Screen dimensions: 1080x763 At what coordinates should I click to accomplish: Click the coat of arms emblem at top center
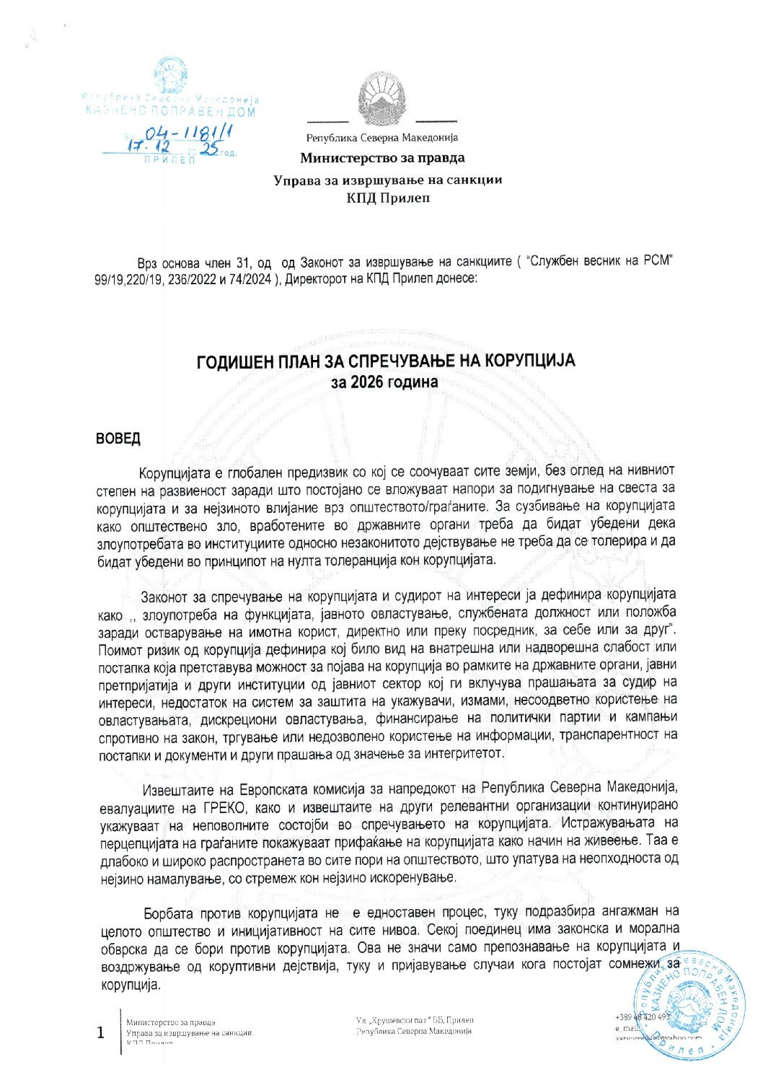(381, 100)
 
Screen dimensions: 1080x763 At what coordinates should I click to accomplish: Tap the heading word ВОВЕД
(118, 439)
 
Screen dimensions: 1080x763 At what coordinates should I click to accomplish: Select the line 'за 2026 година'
(384, 382)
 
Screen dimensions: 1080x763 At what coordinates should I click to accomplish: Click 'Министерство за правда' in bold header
(382, 158)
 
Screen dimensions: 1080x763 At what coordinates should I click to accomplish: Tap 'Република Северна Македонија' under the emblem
(381, 138)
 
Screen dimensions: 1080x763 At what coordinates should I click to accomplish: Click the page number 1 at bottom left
(102, 1032)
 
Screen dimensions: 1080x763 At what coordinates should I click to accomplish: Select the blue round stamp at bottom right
(689, 1006)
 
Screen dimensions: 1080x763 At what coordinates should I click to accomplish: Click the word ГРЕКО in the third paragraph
(226, 807)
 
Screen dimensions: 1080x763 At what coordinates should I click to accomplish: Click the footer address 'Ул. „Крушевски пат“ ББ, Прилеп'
(415, 1020)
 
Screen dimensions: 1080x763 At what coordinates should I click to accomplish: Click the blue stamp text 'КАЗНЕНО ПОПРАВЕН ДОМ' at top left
(170, 111)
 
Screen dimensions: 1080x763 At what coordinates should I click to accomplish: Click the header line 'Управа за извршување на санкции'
(387, 180)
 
